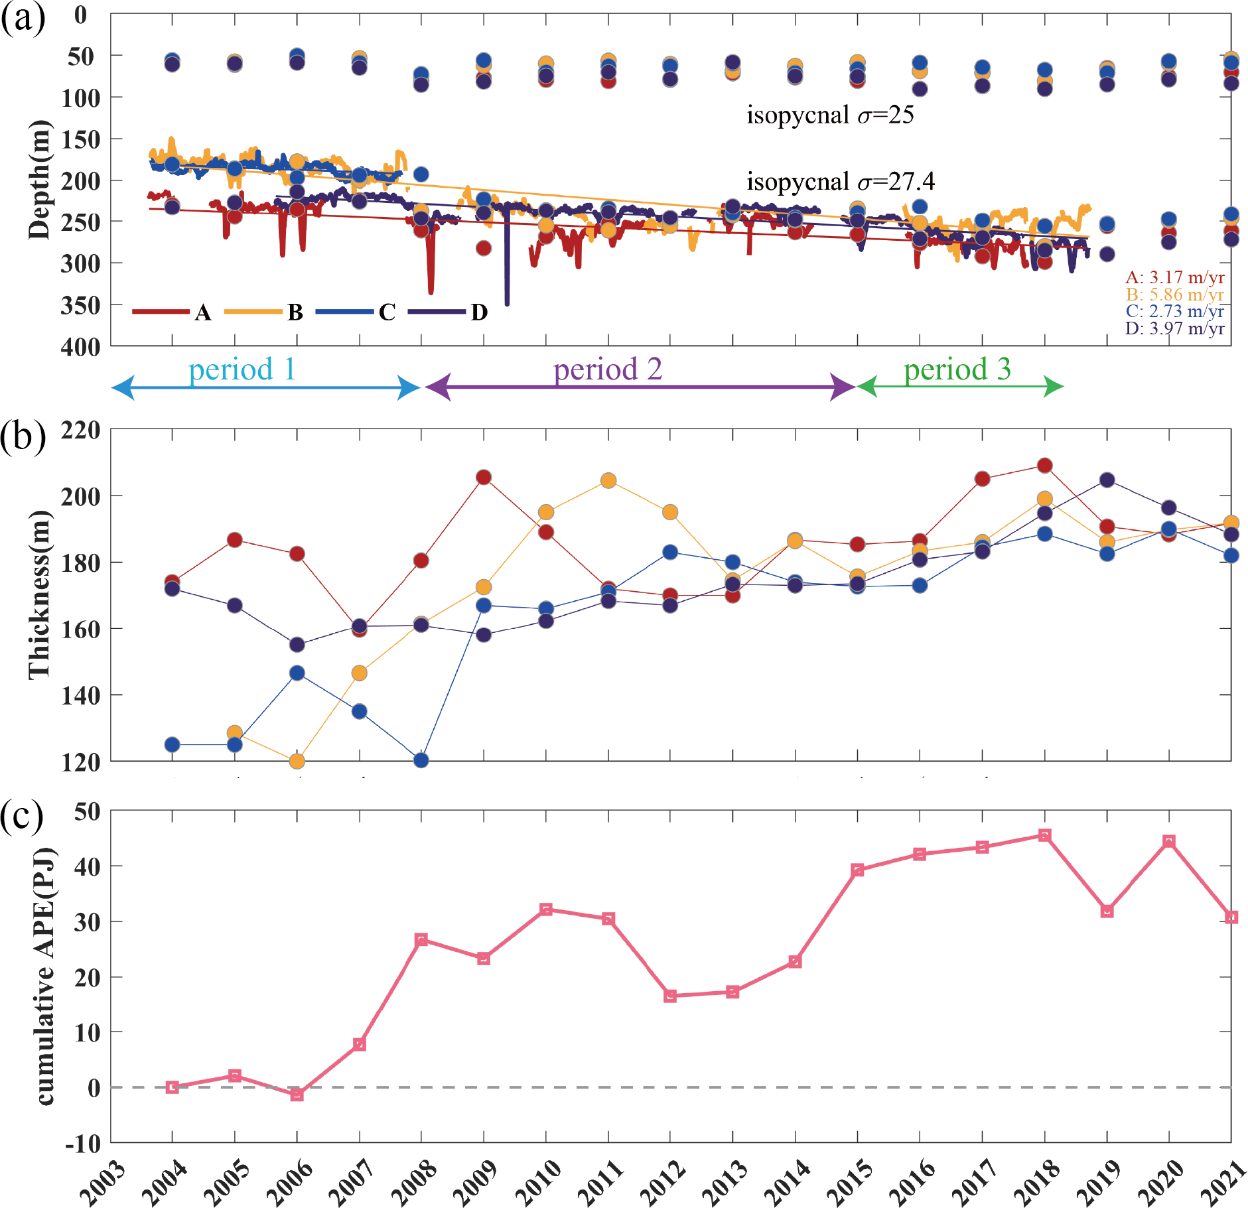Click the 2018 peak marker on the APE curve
click(1044, 835)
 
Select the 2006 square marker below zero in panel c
click(297, 1095)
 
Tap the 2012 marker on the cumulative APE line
click(670, 996)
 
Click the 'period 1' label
click(242, 369)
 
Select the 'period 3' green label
click(957, 369)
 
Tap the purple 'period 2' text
click(608, 369)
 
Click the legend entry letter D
click(479, 312)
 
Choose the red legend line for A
click(161, 312)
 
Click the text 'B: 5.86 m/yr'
click(1174, 295)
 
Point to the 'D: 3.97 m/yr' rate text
click(1174, 328)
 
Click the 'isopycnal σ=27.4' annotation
click(841, 182)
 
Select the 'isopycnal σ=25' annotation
click(830, 115)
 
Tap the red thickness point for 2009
click(484, 478)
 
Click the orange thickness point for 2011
click(608, 480)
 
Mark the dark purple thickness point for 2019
click(1107, 480)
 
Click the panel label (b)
click(23, 436)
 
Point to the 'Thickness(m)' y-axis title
click(39, 594)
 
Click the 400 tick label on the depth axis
click(80, 346)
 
